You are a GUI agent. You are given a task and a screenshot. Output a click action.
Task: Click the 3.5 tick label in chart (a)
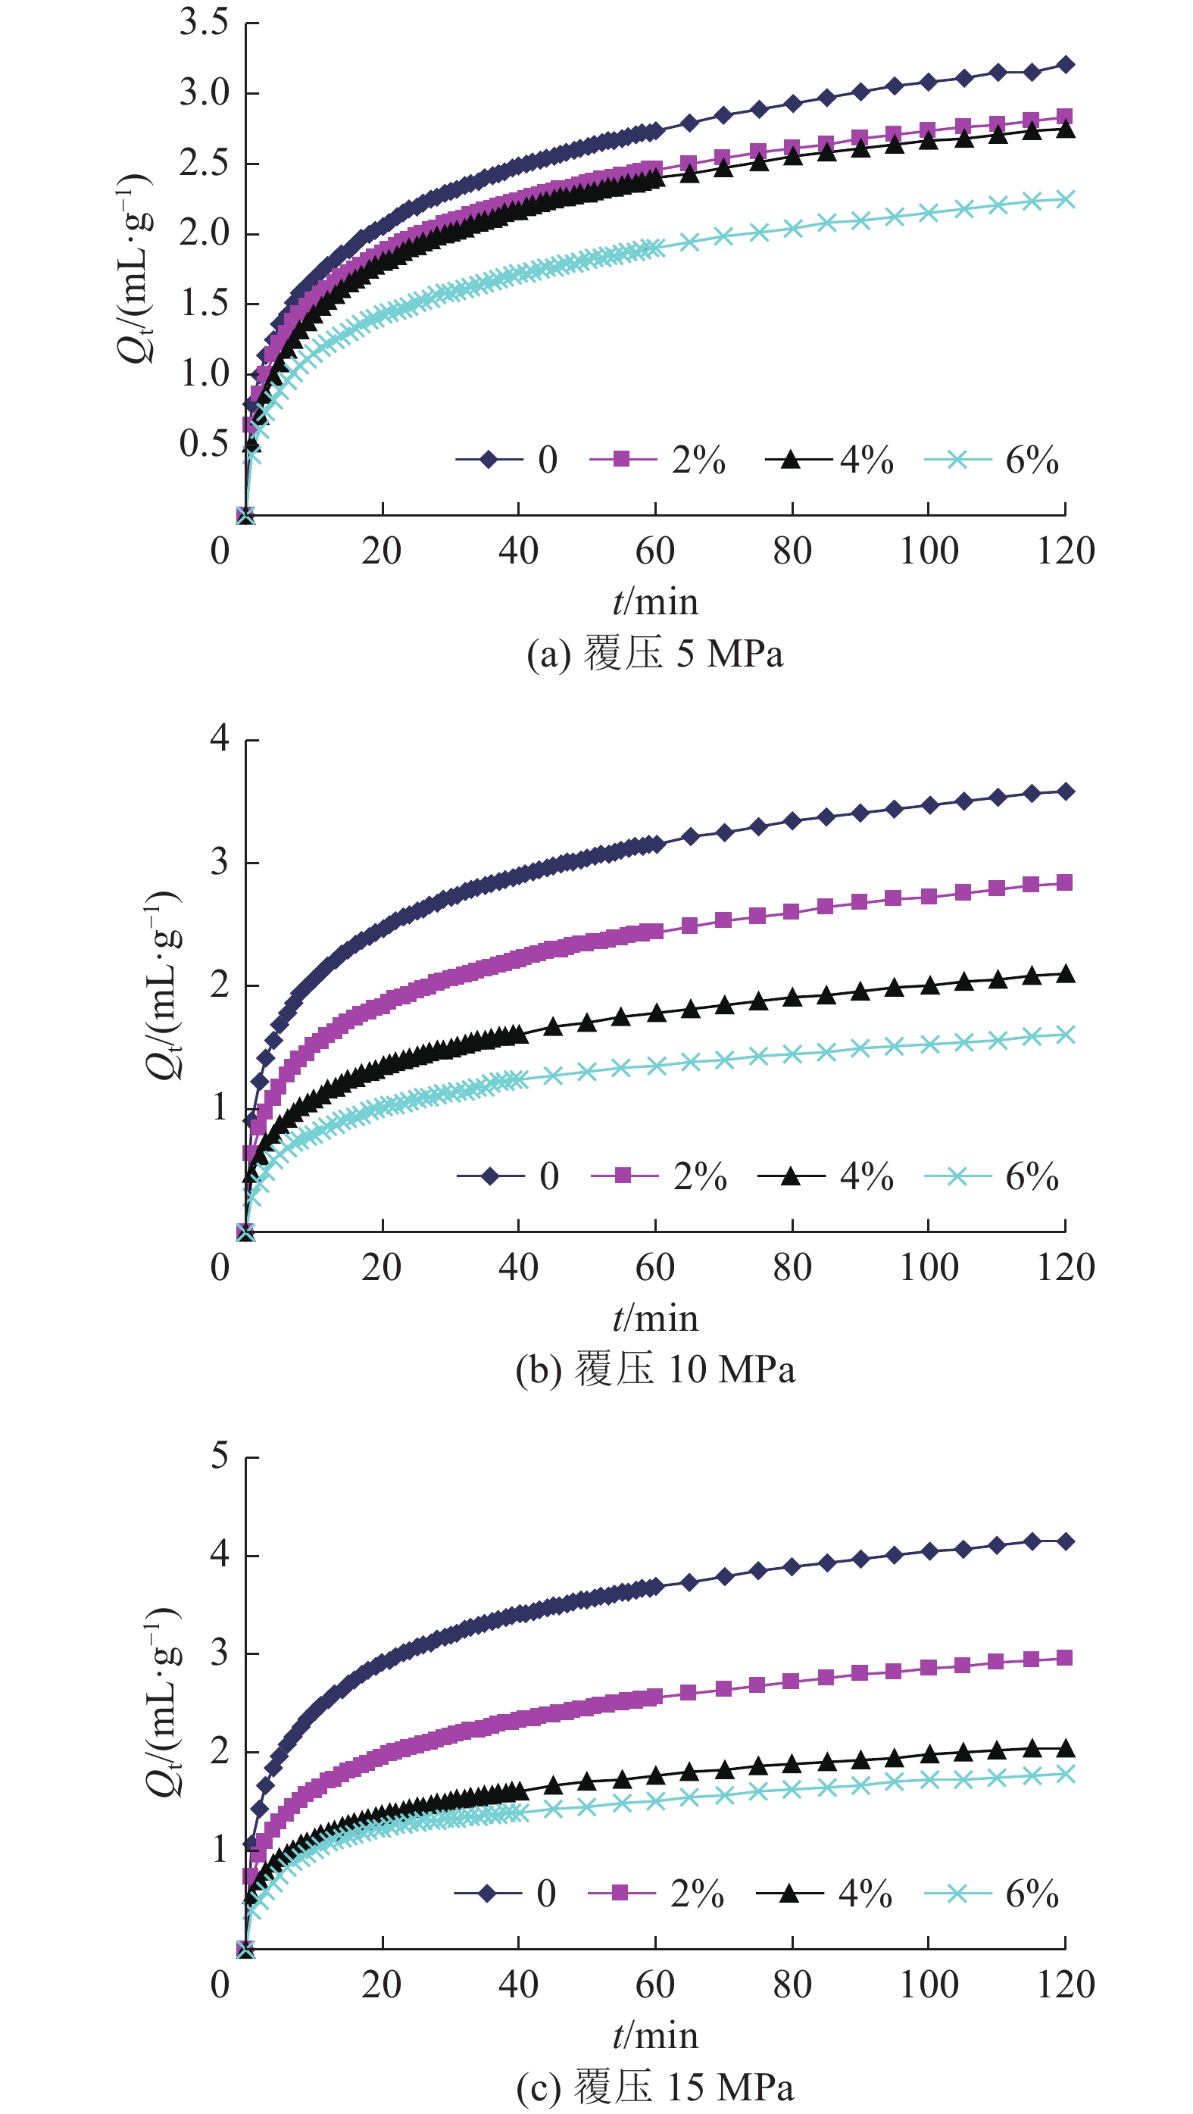coord(204,23)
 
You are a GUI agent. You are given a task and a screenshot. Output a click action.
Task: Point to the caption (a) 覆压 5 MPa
coord(654,654)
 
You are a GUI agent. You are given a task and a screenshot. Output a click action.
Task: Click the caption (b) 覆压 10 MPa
coord(654,1369)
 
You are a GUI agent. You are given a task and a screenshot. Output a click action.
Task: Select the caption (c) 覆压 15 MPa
coord(654,2086)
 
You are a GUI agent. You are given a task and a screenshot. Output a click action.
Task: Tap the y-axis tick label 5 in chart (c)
coord(219,1457)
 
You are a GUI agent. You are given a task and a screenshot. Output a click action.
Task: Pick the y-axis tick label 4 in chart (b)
coord(219,738)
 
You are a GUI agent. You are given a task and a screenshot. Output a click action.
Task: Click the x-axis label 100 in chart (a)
coord(928,551)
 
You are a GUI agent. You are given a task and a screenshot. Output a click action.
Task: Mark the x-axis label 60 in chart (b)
coord(654,1268)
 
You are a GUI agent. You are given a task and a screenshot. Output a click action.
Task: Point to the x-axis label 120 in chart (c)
coord(1065,1985)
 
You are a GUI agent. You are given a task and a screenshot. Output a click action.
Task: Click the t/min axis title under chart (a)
coord(654,602)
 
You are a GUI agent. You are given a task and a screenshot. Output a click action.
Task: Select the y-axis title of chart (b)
coord(162,985)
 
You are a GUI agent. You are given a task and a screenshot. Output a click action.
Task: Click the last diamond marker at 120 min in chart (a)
coord(1066,65)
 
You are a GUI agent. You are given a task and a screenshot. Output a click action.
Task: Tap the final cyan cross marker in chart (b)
coord(1066,1035)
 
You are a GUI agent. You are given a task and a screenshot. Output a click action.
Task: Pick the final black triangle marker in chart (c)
coord(1066,1748)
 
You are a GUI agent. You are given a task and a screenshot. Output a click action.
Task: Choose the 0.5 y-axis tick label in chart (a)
coord(204,444)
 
